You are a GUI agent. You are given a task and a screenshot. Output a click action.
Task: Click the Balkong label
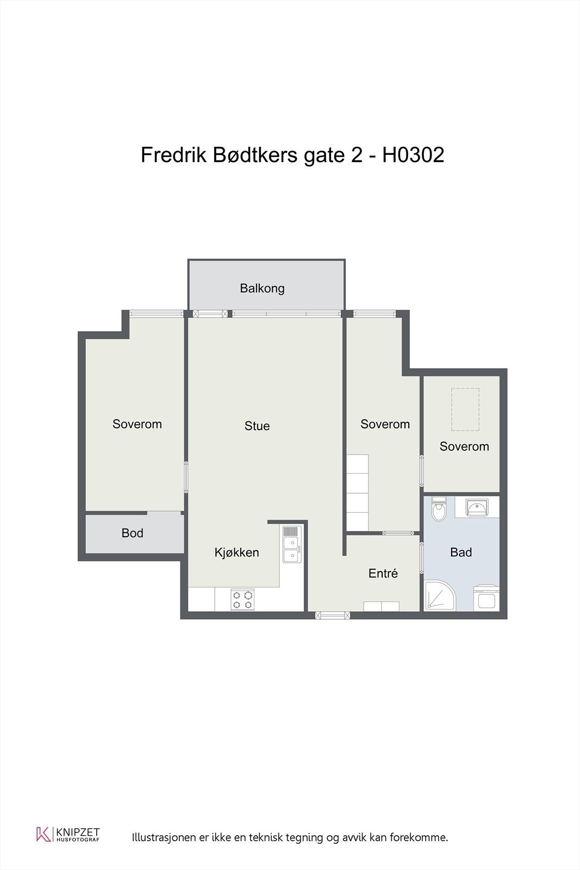point(262,289)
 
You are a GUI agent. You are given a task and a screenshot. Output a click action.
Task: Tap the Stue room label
point(257,426)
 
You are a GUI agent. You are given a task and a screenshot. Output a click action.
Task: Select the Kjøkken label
point(237,552)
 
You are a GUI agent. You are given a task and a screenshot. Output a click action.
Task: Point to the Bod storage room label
point(133,533)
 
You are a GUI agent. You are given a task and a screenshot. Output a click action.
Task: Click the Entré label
point(383,573)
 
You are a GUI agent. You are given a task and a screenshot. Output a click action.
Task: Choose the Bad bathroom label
point(461,552)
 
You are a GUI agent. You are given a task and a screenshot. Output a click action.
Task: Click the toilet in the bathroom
point(439,509)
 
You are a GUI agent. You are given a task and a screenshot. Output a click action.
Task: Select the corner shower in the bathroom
point(439,595)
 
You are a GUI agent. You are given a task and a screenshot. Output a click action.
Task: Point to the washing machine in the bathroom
point(486,598)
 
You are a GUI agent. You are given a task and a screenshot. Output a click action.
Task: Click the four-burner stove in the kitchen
point(242,600)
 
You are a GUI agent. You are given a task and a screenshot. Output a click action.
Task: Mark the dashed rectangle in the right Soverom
point(465,409)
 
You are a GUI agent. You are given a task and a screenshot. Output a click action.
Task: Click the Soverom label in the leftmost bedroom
point(137,424)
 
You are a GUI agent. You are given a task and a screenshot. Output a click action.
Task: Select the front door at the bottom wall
point(332,615)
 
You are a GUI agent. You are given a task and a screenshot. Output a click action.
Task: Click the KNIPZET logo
point(68,834)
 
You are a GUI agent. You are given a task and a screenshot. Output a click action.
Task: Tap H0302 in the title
point(413,155)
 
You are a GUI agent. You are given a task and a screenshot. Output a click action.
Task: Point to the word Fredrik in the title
point(173,155)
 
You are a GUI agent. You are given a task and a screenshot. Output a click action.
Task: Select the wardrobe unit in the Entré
point(381,606)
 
